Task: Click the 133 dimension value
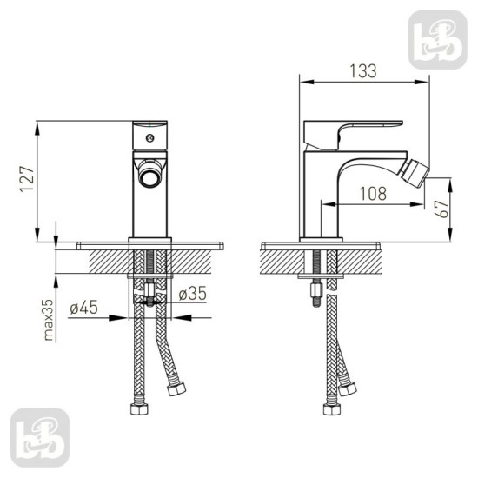(x=363, y=71)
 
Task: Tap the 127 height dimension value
(x=27, y=179)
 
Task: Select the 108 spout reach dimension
(x=373, y=194)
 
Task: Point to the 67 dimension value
(x=441, y=209)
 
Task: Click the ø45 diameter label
(x=83, y=307)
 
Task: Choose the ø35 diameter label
(x=192, y=294)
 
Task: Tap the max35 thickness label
(x=49, y=320)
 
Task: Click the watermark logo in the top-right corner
(x=437, y=40)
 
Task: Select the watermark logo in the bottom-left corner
(x=40, y=438)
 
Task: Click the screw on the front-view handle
(x=149, y=138)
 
